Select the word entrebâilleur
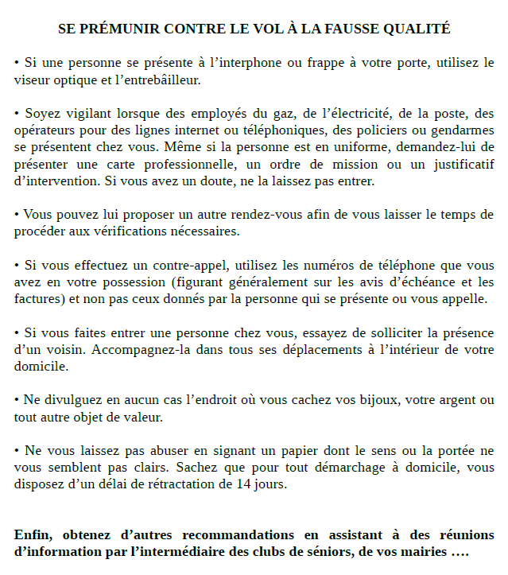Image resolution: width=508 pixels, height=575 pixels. (x=157, y=80)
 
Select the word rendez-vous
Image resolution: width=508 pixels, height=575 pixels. (x=272, y=215)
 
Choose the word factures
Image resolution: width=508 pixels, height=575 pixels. (x=38, y=299)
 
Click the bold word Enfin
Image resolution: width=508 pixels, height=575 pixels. (x=33, y=534)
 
